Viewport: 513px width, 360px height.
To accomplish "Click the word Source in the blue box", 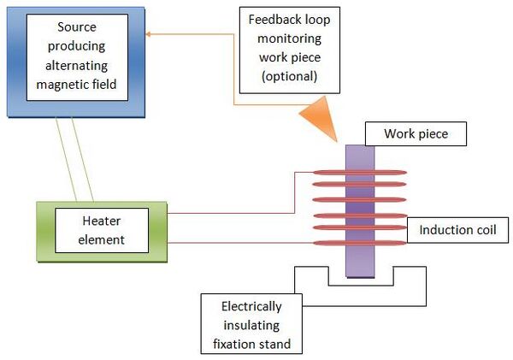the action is (77, 27).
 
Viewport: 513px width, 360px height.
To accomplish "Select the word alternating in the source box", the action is (77, 66).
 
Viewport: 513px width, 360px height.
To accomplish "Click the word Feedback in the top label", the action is (274, 20).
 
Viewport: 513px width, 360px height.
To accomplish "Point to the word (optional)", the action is (290, 77).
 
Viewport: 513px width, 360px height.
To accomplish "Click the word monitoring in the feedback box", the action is (290, 39).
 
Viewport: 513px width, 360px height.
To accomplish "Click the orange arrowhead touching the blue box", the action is (148, 34).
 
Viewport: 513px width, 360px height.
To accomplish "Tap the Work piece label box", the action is (416, 134).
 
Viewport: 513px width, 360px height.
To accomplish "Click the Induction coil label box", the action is (457, 230).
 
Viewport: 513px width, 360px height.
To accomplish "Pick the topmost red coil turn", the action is (360, 173).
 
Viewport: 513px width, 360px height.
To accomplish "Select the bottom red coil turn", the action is (360, 243).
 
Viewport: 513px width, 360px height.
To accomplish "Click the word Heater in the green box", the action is (102, 221).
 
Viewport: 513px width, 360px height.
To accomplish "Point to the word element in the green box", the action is (102, 240).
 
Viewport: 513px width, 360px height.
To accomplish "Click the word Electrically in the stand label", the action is (251, 307).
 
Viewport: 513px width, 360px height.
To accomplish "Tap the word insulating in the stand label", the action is (251, 326).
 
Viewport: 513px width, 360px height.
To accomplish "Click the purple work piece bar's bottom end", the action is (360, 277).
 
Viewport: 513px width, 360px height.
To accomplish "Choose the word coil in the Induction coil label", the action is (486, 230).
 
